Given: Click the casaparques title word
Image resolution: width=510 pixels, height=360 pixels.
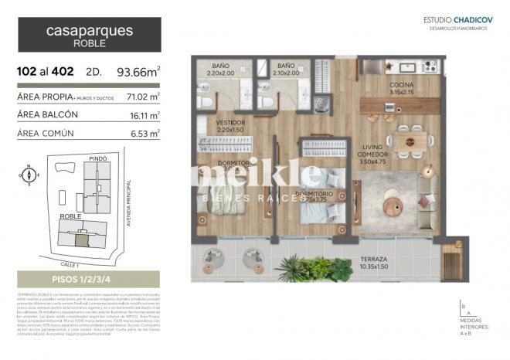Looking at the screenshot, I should click(90, 32).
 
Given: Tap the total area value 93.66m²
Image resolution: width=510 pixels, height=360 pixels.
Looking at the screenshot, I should click(138, 73).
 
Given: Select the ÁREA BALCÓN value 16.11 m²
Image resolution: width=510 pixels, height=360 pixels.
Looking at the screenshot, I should click(144, 115).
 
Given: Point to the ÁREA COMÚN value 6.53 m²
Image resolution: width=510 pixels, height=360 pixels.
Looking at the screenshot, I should click(144, 133).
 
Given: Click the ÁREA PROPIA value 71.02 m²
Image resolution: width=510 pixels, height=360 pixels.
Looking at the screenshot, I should click(143, 97).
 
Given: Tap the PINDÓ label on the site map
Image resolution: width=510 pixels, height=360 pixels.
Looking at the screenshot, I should click(98, 158).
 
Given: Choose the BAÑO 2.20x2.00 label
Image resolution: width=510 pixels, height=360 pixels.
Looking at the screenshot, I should click(220, 70).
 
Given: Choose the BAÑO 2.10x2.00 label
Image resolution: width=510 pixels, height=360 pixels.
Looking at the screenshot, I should click(287, 70).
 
